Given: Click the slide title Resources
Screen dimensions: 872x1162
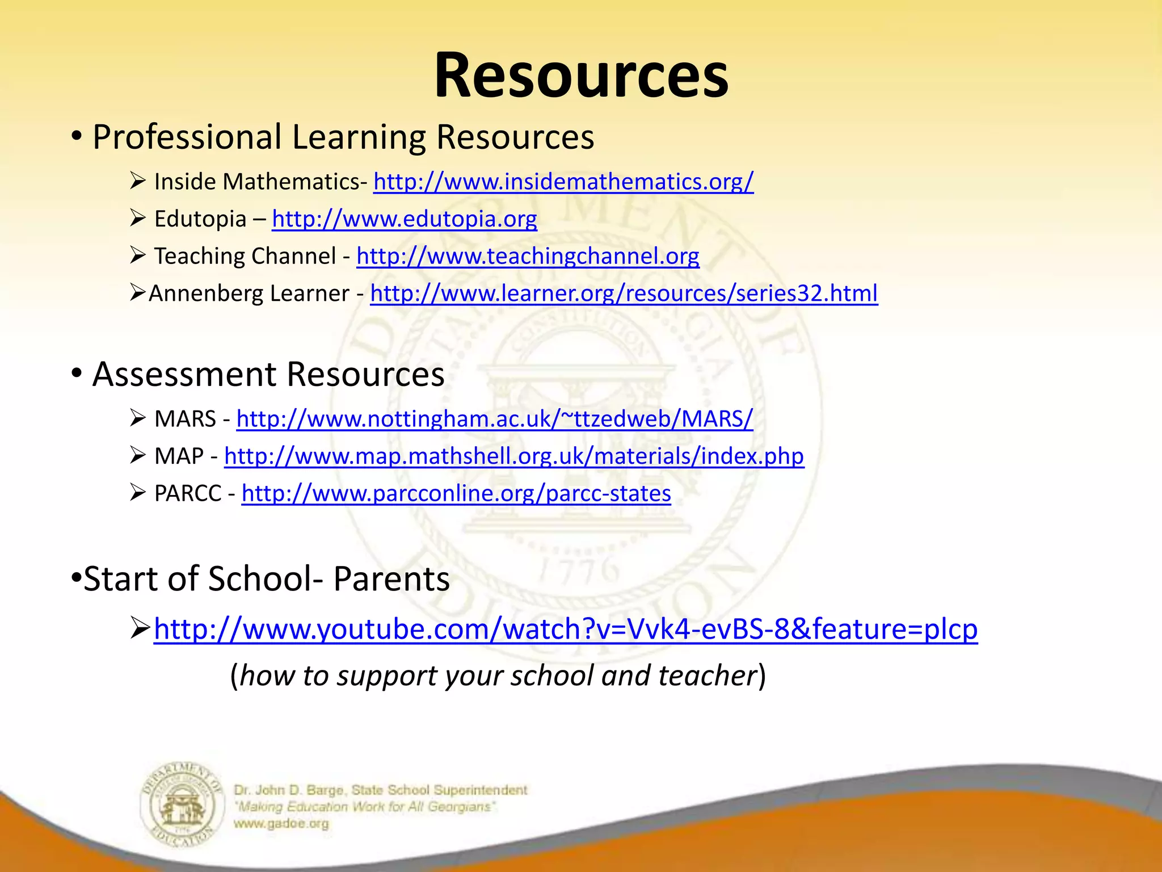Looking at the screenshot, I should pos(581,76).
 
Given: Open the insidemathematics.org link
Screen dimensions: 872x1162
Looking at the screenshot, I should pos(563,182).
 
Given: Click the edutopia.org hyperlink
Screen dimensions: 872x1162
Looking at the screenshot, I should pos(404,219).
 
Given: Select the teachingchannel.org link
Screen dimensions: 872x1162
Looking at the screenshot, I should pos(528,257).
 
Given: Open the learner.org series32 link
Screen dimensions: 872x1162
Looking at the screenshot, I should pos(624,294).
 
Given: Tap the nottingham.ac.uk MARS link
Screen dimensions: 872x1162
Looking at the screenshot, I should pos(494,419).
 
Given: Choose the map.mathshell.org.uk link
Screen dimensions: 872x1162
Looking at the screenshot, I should pos(513,456).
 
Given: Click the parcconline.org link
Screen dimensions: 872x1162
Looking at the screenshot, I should pos(456,493).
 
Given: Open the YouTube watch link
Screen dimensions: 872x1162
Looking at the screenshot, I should pos(565,630).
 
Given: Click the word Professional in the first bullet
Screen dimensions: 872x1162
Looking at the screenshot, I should pos(187,137).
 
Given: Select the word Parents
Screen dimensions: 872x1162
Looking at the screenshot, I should pos(391,579).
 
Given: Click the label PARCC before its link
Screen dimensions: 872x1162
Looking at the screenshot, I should pos(187,493).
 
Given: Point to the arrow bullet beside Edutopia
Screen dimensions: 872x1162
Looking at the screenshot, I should pos(137,218).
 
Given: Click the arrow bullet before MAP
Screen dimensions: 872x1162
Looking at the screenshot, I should pos(137,455).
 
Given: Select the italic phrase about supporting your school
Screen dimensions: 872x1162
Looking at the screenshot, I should pos(498,676).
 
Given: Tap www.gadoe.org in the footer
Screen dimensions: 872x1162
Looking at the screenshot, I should pos(281,824).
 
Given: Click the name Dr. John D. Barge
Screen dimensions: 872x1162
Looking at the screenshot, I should pos(288,790).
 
